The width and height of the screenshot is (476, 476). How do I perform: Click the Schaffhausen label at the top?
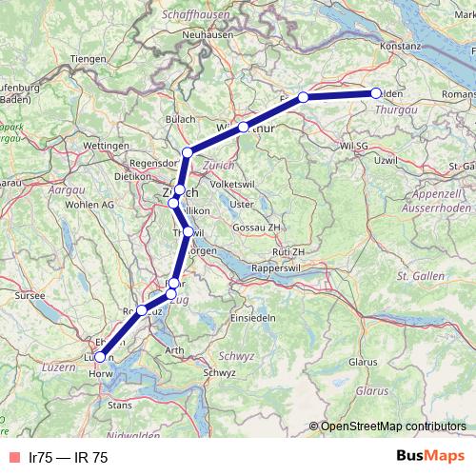199,14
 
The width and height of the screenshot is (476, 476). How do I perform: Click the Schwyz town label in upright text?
220,373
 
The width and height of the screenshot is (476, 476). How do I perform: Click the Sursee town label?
30,296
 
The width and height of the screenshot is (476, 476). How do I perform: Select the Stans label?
120,405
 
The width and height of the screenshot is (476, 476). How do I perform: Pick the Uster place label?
243,204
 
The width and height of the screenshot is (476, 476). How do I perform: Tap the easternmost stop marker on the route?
375,93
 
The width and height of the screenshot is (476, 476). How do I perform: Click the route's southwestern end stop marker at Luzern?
100,357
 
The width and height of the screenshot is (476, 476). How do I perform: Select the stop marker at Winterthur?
244,127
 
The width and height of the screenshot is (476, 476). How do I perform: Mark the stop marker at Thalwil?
188,231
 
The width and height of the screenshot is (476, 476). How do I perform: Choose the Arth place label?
175,351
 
